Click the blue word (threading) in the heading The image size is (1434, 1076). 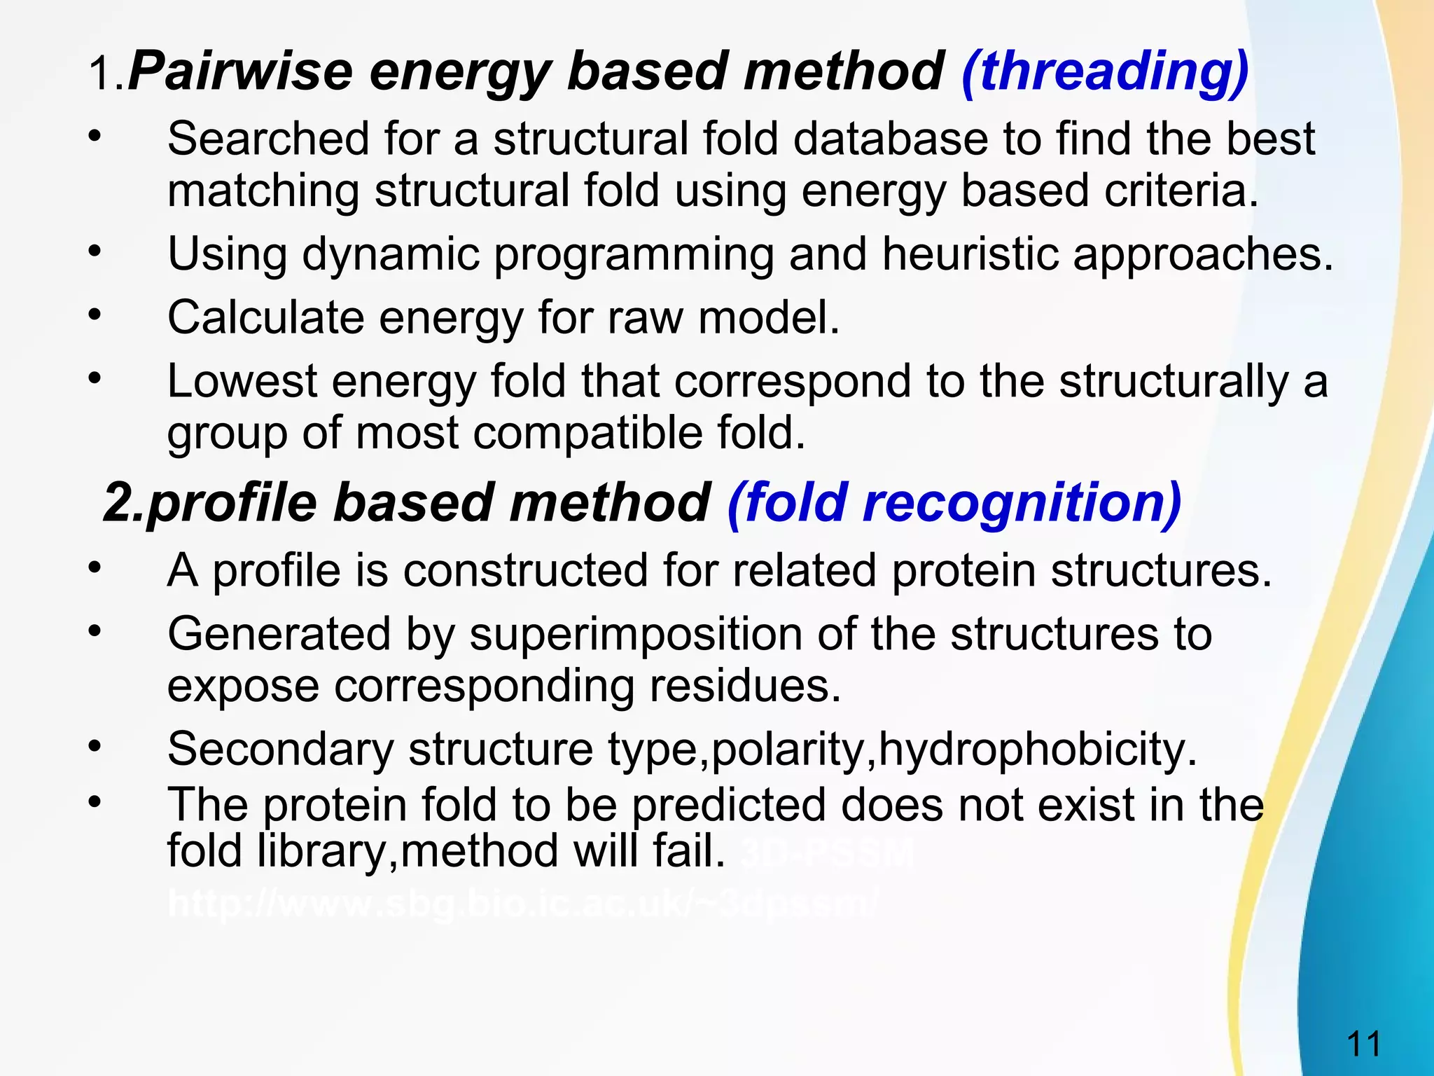tap(1105, 72)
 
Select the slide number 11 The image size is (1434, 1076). tap(1363, 1044)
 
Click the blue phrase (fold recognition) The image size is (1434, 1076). tap(954, 503)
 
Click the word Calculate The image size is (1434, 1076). tap(265, 318)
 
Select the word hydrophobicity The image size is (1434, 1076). tap(1037, 749)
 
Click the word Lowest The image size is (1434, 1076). tap(242, 382)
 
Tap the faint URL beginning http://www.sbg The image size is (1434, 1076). tap(522, 904)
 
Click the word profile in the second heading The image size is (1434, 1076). tap(232, 503)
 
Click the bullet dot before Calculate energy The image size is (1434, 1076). tap(95, 315)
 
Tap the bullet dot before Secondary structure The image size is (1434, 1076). tap(95, 745)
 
